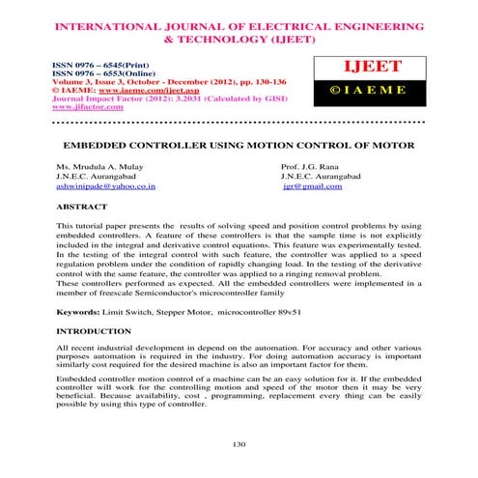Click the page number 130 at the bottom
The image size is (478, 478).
coord(239,443)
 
